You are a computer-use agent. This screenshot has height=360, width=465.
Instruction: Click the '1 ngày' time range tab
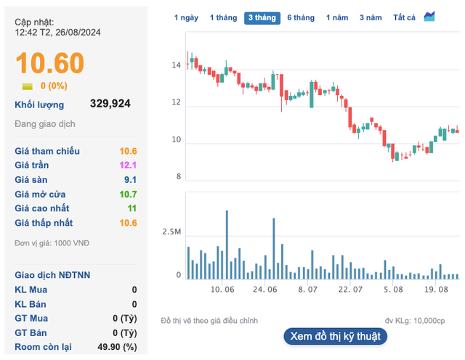(x=187, y=17)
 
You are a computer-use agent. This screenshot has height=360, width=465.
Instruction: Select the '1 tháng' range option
(x=223, y=17)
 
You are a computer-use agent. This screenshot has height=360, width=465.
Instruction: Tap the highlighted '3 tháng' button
(x=262, y=17)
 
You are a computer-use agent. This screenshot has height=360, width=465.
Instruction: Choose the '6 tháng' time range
(x=301, y=17)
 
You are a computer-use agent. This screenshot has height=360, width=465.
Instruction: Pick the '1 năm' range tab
(x=337, y=17)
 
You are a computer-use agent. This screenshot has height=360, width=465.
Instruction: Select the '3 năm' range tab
(x=371, y=17)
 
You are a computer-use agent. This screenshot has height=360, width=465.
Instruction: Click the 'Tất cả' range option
(x=404, y=17)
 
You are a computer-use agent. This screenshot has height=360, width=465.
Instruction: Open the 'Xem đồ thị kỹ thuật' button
(x=335, y=337)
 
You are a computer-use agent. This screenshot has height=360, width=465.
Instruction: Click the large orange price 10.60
(x=50, y=63)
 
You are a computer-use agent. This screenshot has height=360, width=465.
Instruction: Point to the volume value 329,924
(x=110, y=104)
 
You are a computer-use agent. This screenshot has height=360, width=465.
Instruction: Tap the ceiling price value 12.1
(x=129, y=165)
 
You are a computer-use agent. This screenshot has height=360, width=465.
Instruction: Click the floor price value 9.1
(x=132, y=180)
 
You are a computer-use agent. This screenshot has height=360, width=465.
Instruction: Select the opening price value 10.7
(x=129, y=195)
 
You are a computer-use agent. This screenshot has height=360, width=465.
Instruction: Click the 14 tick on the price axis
(x=175, y=66)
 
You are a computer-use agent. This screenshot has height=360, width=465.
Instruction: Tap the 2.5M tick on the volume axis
(x=171, y=232)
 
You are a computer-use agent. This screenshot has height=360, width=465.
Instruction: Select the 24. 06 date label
(x=265, y=290)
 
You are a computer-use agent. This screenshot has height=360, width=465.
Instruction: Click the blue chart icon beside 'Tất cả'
(x=429, y=17)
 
